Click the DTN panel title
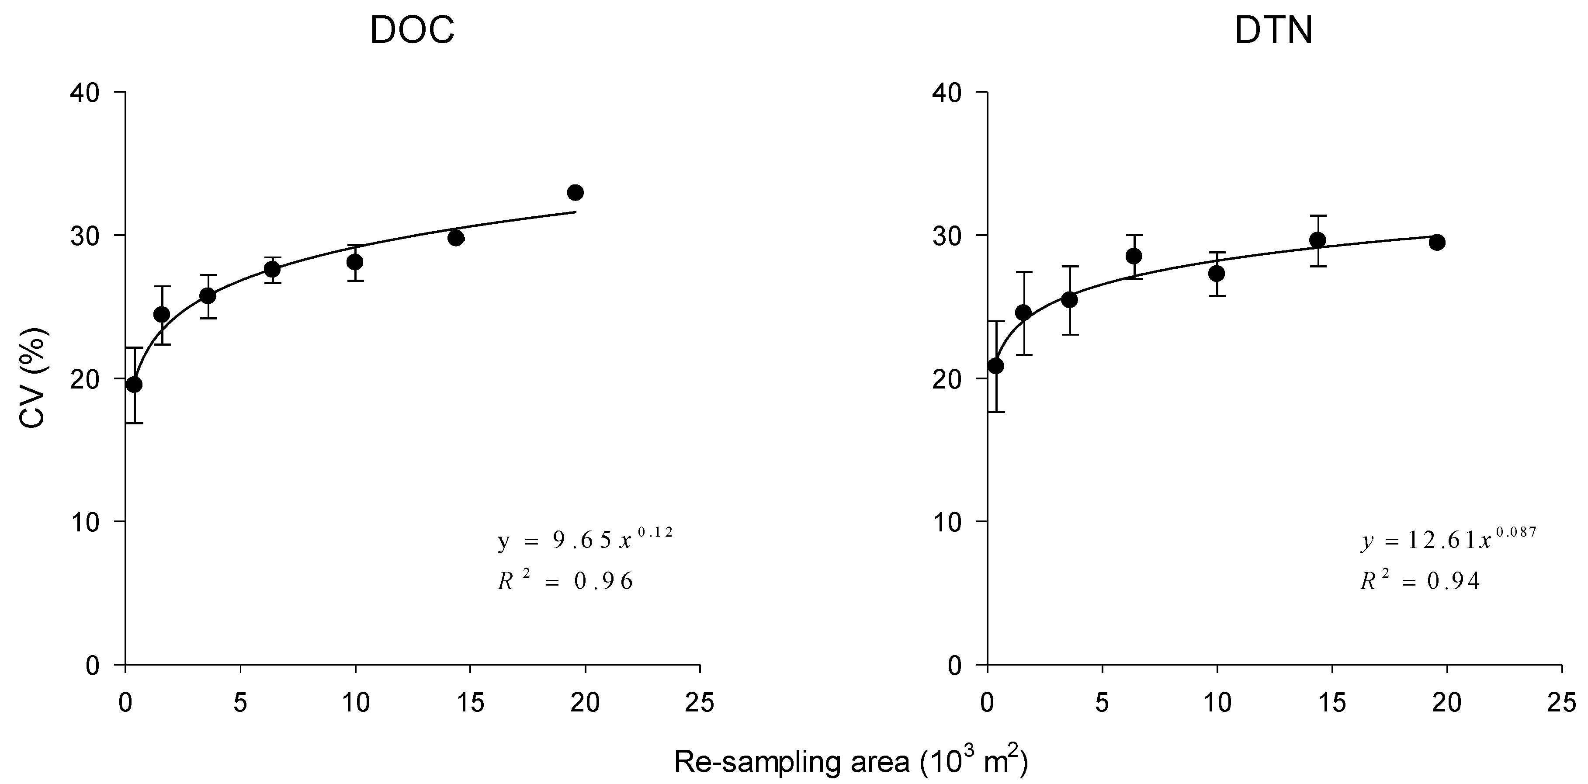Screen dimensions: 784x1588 point(1274,30)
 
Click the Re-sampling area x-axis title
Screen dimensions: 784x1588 point(851,762)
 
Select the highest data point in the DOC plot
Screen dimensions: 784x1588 point(575,192)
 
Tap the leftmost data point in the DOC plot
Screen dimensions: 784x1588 point(134,385)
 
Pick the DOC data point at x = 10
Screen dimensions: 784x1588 point(354,262)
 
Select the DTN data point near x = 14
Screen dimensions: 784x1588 point(1318,240)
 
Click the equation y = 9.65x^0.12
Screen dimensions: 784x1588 point(584,539)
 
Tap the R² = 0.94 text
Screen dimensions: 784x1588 point(1419,581)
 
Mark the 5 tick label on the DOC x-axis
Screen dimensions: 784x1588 point(240,703)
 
